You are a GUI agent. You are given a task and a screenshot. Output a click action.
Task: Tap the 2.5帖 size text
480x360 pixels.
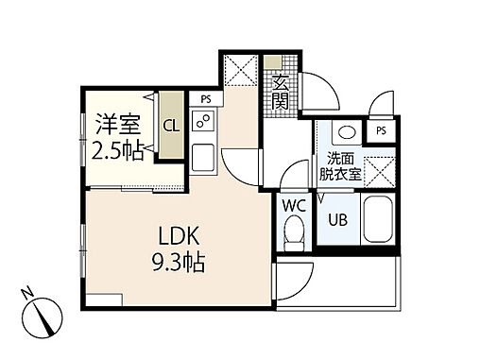(116, 149)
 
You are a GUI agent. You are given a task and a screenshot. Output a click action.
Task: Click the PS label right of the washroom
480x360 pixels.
(381, 130)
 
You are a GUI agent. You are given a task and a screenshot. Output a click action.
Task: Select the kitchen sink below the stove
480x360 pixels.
(204, 157)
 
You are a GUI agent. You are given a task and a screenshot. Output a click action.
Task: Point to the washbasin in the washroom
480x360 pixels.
(345, 132)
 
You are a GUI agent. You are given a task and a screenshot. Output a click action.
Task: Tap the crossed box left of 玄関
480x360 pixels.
(240, 72)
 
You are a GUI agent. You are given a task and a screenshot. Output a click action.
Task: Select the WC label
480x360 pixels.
(292, 204)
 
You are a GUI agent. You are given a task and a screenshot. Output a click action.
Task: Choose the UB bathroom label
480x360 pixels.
(336, 221)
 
